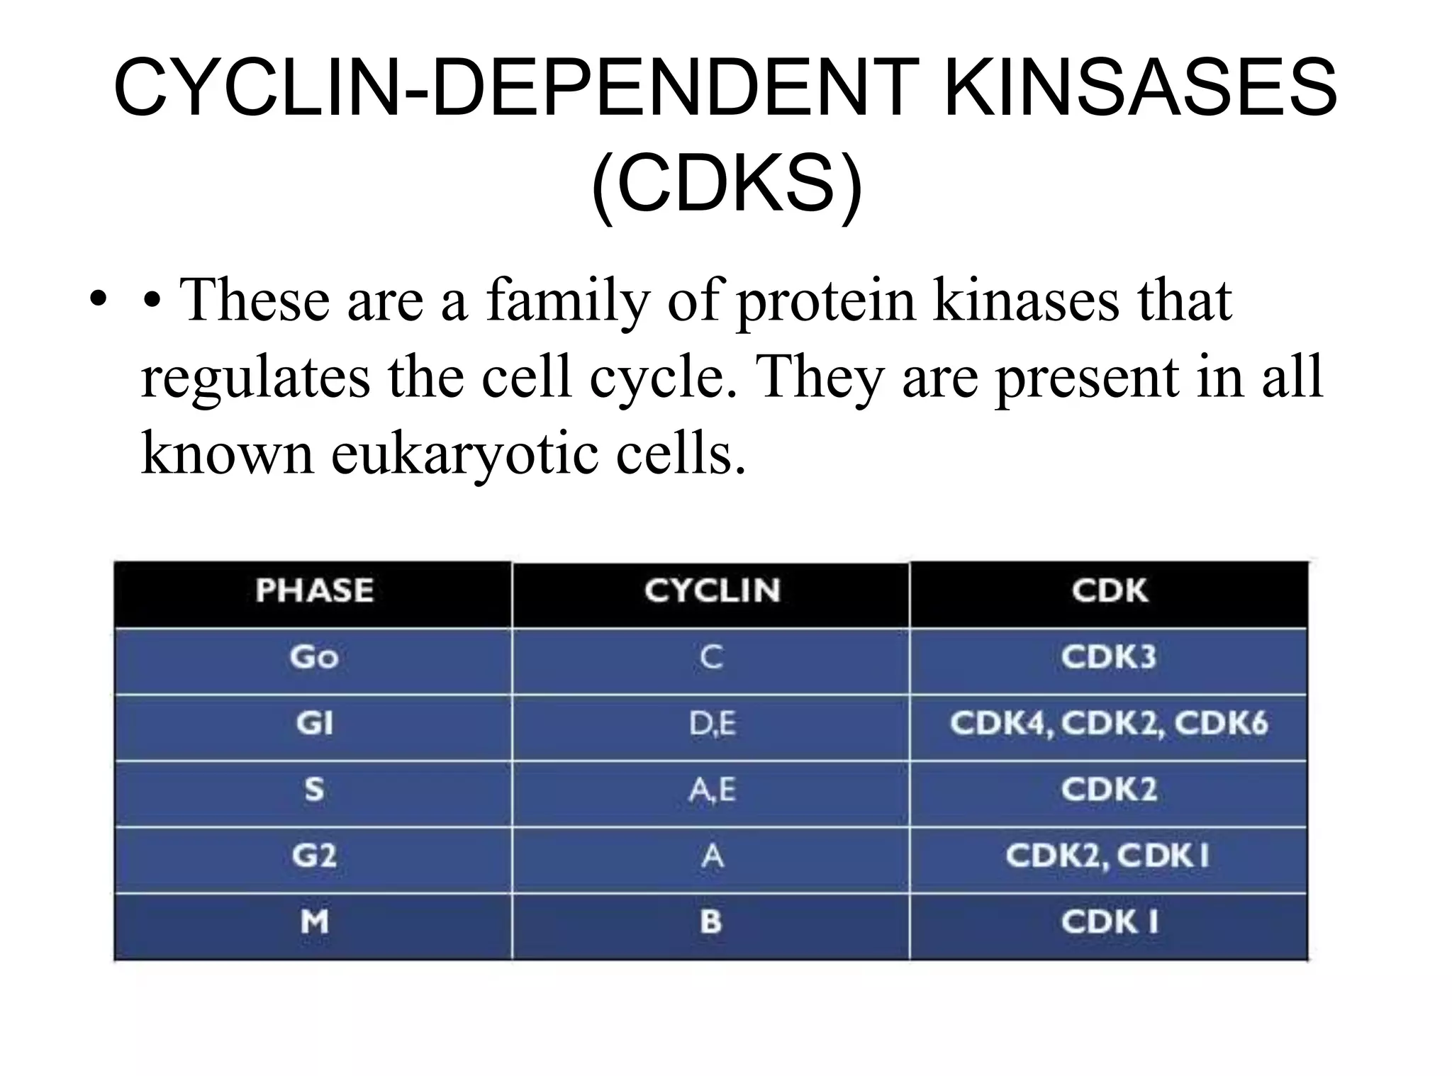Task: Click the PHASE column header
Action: pyautogui.click(x=314, y=590)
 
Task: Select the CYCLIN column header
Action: pyautogui.click(x=712, y=590)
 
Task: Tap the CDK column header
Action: pyautogui.click(x=1109, y=590)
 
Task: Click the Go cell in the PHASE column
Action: pyautogui.click(x=314, y=657)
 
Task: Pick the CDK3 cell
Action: pyautogui.click(x=1109, y=657)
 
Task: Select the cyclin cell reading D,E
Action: pyautogui.click(x=712, y=724)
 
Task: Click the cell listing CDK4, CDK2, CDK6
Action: pyautogui.click(x=1109, y=724)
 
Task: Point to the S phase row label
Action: pyautogui.click(x=314, y=790)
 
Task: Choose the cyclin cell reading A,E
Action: pyautogui.click(x=712, y=790)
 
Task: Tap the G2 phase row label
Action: pyautogui.click(x=314, y=856)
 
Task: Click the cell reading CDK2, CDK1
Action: pyautogui.click(x=1109, y=856)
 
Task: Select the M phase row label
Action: pyautogui.click(x=314, y=922)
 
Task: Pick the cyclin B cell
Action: pyautogui.click(x=712, y=922)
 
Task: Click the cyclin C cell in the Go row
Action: pyautogui.click(x=712, y=657)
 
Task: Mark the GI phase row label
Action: pyautogui.click(x=314, y=724)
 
